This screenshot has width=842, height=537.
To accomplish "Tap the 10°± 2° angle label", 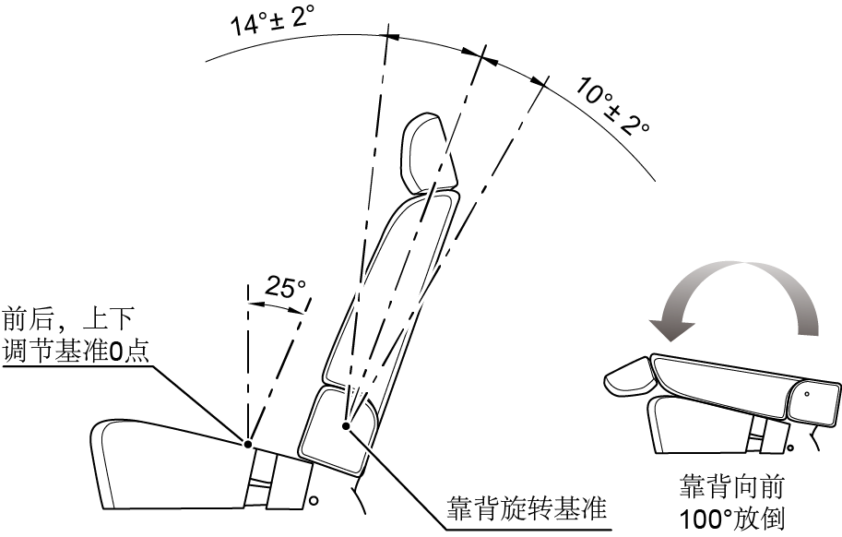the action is coord(612,106).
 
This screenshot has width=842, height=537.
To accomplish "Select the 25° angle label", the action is coord(285,288).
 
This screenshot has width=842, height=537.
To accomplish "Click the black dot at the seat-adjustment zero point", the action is coord(247,444).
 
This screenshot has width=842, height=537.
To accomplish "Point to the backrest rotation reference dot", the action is coord(347,426).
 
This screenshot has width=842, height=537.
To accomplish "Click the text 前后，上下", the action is coord(68,319).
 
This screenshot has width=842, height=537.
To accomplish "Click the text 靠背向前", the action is coord(731,486).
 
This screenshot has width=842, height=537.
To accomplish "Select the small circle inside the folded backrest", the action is coord(807,394).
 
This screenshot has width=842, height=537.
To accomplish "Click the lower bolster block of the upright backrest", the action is coord(339,431).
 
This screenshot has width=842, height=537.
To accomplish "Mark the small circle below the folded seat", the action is coord(790,447).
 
